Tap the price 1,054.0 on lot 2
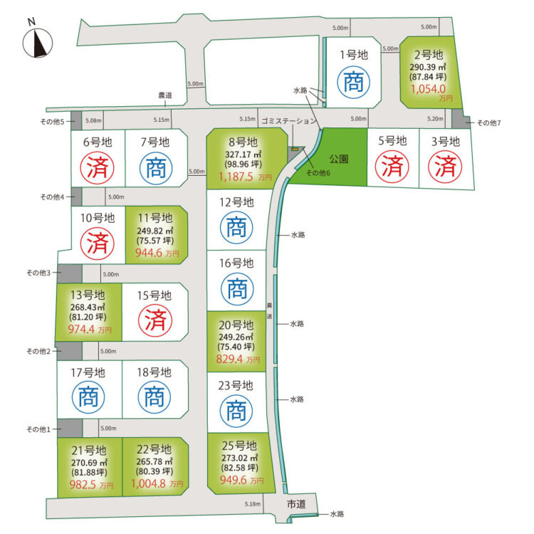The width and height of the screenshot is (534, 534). click(428, 89)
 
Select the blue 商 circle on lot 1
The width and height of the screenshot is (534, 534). click(353, 82)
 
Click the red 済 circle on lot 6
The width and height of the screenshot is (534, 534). click(98, 168)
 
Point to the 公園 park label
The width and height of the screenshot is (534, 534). click(338, 159)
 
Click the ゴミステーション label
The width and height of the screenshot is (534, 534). click(289, 121)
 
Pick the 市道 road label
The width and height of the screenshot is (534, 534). click(296, 504)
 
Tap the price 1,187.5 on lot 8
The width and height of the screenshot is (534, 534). click(236, 177)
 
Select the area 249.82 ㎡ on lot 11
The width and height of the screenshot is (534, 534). click(155, 231)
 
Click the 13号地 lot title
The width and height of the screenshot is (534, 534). click(88, 295)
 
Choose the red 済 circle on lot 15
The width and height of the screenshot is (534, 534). click(155, 320)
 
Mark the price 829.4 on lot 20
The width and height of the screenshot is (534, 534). click(229, 359)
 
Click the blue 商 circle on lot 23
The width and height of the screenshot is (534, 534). click(236, 411)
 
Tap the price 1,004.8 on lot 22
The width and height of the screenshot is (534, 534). click(148, 483)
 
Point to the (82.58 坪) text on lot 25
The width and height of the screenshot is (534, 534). click(240, 468)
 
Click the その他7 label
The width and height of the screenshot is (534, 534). click(489, 123)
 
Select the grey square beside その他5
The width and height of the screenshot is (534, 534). click(76, 120)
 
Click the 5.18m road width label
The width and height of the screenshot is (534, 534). click(252, 504)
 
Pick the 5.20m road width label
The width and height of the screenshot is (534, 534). click(435, 118)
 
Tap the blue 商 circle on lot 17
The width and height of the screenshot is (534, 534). click(88, 397)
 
